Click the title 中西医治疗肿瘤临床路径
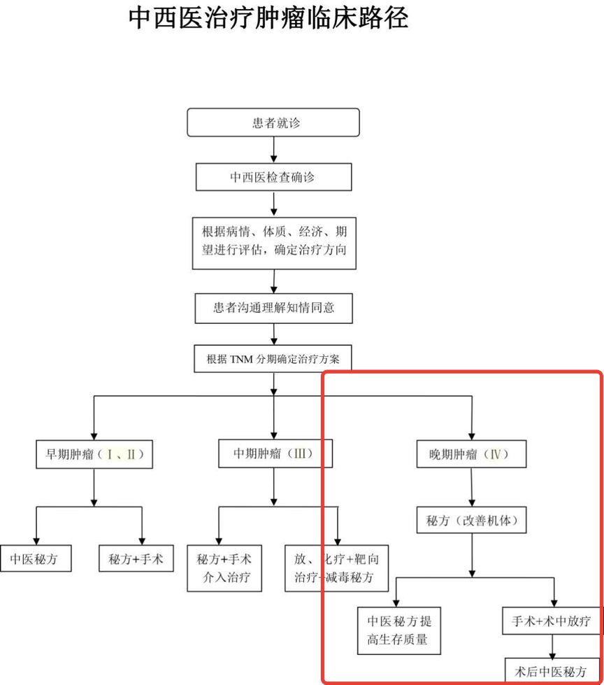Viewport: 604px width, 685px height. coord(268,19)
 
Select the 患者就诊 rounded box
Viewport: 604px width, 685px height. coord(273,122)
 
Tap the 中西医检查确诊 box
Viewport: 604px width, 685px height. coord(273,177)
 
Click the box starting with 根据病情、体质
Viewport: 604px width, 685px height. coord(273,243)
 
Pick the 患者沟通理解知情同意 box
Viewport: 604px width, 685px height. coord(273,308)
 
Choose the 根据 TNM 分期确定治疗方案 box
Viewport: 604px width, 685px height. coord(273,360)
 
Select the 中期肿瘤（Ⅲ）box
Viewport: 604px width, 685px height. coord(273,454)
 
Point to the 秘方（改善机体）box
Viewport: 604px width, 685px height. coord(472,521)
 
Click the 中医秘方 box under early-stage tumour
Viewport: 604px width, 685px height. coord(35,559)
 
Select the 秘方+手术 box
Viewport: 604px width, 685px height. coord(136,559)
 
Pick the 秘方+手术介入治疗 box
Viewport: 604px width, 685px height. coord(224,568)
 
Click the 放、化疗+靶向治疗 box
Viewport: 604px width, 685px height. coord(337,568)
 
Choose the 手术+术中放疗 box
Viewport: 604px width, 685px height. coord(552,620)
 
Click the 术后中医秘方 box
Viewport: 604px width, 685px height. coord(552,670)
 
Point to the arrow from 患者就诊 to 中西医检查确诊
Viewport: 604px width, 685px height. coord(273,149)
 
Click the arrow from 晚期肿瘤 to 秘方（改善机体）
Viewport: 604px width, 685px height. coord(472,487)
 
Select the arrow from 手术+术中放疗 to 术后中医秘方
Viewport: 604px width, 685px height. coord(552,645)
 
